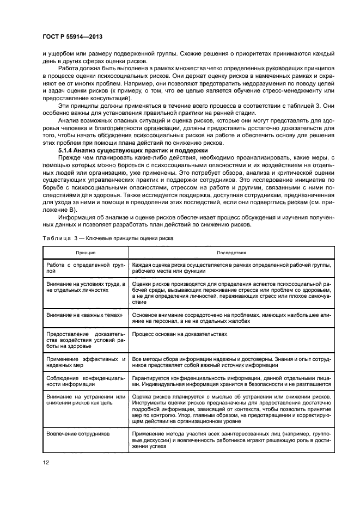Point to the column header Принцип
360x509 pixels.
[x=86, y=253]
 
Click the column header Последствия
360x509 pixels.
[x=231, y=253]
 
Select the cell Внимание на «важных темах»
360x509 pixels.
[x=84, y=315]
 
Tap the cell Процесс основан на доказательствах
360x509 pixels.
[x=179, y=334]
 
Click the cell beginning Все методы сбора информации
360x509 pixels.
[x=231, y=362]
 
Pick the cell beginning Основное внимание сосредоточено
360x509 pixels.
[x=231, y=318]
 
